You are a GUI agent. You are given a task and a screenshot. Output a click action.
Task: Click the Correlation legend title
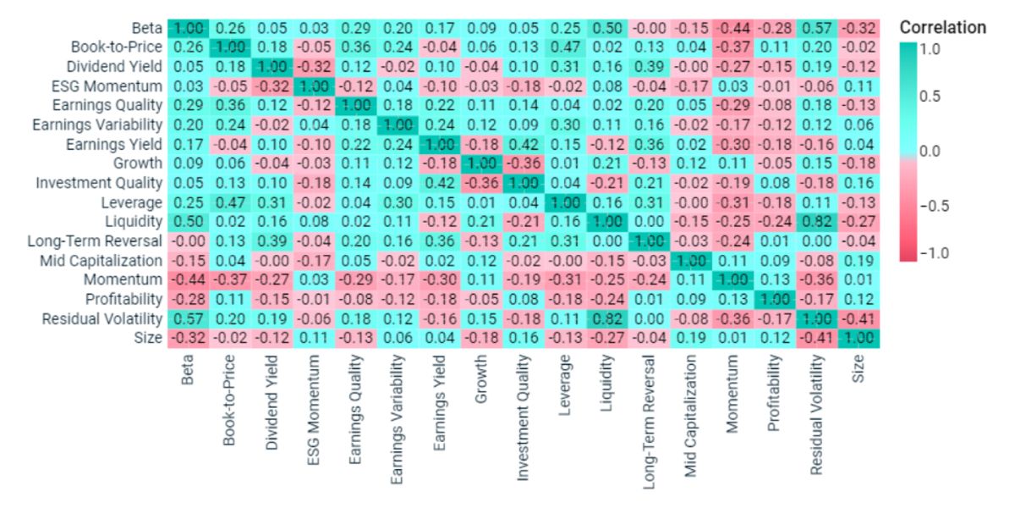tap(942, 27)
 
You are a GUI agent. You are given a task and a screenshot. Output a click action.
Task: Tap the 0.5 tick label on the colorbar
tap(930, 96)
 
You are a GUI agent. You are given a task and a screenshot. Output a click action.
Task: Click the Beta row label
tap(148, 29)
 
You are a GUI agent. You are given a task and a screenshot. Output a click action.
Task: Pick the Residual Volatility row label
tap(103, 318)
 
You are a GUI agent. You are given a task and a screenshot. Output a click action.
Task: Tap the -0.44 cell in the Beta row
tap(732, 29)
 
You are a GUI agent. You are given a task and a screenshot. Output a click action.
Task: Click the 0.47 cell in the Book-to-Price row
tap(562, 47)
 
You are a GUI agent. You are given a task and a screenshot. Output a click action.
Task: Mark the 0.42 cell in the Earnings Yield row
tap(521, 144)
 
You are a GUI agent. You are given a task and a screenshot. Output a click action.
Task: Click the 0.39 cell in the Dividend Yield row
tap(649, 67)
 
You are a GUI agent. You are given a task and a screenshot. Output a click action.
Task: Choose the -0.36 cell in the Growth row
tap(521, 163)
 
